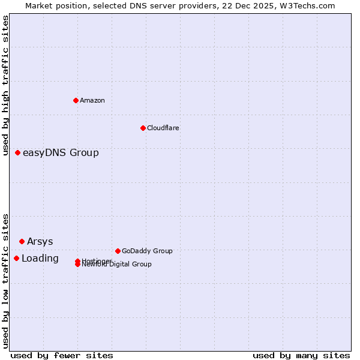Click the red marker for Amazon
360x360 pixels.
[x=76, y=100]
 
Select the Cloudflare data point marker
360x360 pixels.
[x=143, y=128]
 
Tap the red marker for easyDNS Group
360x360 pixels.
[x=18, y=152]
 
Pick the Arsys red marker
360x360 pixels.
[x=22, y=241]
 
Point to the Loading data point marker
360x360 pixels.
[x=16, y=258]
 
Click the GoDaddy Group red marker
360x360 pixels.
[x=118, y=251]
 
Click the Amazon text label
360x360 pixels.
[x=92, y=100]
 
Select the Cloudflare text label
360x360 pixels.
[x=163, y=128]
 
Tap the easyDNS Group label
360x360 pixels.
[x=61, y=152]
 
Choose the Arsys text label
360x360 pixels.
[x=40, y=241]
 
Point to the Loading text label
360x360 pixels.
[x=40, y=258]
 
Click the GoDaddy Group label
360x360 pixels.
[x=147, y=251]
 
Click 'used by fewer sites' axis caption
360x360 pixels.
[x=62, y=355]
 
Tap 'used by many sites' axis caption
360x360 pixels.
[x=301, y=355]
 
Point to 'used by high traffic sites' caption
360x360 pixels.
[x=5, y=85]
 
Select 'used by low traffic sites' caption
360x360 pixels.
[x=5, y=280]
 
